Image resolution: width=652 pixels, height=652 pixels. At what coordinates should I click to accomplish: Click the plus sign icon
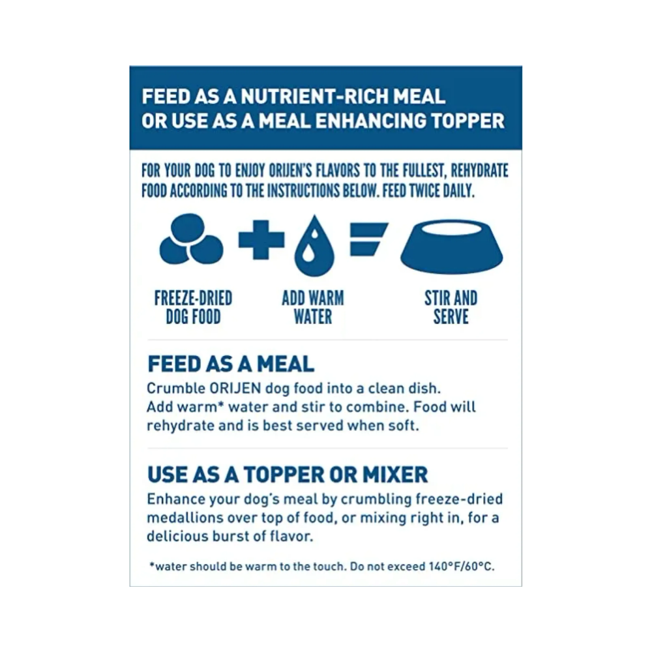[x=261, y=240]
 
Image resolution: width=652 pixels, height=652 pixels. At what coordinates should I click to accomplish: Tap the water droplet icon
[x=314, y=245]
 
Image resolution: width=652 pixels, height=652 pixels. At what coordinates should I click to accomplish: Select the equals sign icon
[x=368, y=239]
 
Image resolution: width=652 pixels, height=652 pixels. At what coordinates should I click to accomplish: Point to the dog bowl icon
[x=452, y=246]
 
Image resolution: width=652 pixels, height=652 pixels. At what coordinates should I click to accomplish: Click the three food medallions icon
[x=191, y=239]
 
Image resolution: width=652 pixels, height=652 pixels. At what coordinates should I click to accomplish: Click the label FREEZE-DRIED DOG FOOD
[x=194, y=307]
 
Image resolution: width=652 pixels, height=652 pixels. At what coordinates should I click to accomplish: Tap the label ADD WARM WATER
[x=313, y=307]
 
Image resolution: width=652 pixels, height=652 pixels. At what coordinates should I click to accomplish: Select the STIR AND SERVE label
[x=451, y=307]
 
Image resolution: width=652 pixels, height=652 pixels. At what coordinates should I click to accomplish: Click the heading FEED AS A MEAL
[x=231, y=364]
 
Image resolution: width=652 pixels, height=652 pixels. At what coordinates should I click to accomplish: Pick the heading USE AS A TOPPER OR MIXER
[x=288, y=475]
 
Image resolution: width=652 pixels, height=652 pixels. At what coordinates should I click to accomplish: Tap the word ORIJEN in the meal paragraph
[x=235, y=389]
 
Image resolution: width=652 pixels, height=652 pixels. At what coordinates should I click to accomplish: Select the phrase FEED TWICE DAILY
[x=428, y=191]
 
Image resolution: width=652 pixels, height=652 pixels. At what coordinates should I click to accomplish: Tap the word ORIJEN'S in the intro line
[x=290, y=170]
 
